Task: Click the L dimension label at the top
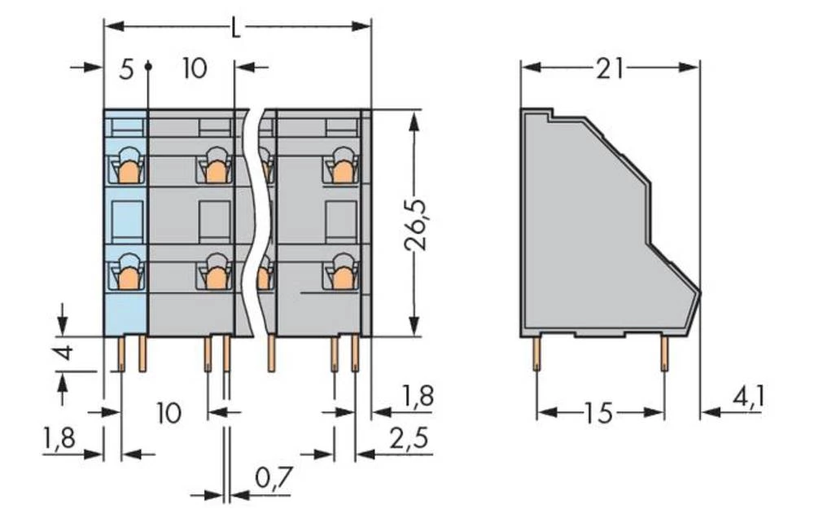tap(236, 29)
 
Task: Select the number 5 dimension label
tap(125, 68)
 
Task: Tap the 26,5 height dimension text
tap(414, 222)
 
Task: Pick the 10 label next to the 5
tap(195, 68)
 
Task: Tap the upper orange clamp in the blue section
tap(127, 171)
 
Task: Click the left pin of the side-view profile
tap(536, 353)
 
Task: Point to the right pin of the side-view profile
tap(664, 353)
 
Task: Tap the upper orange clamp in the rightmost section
tap(343, 171)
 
